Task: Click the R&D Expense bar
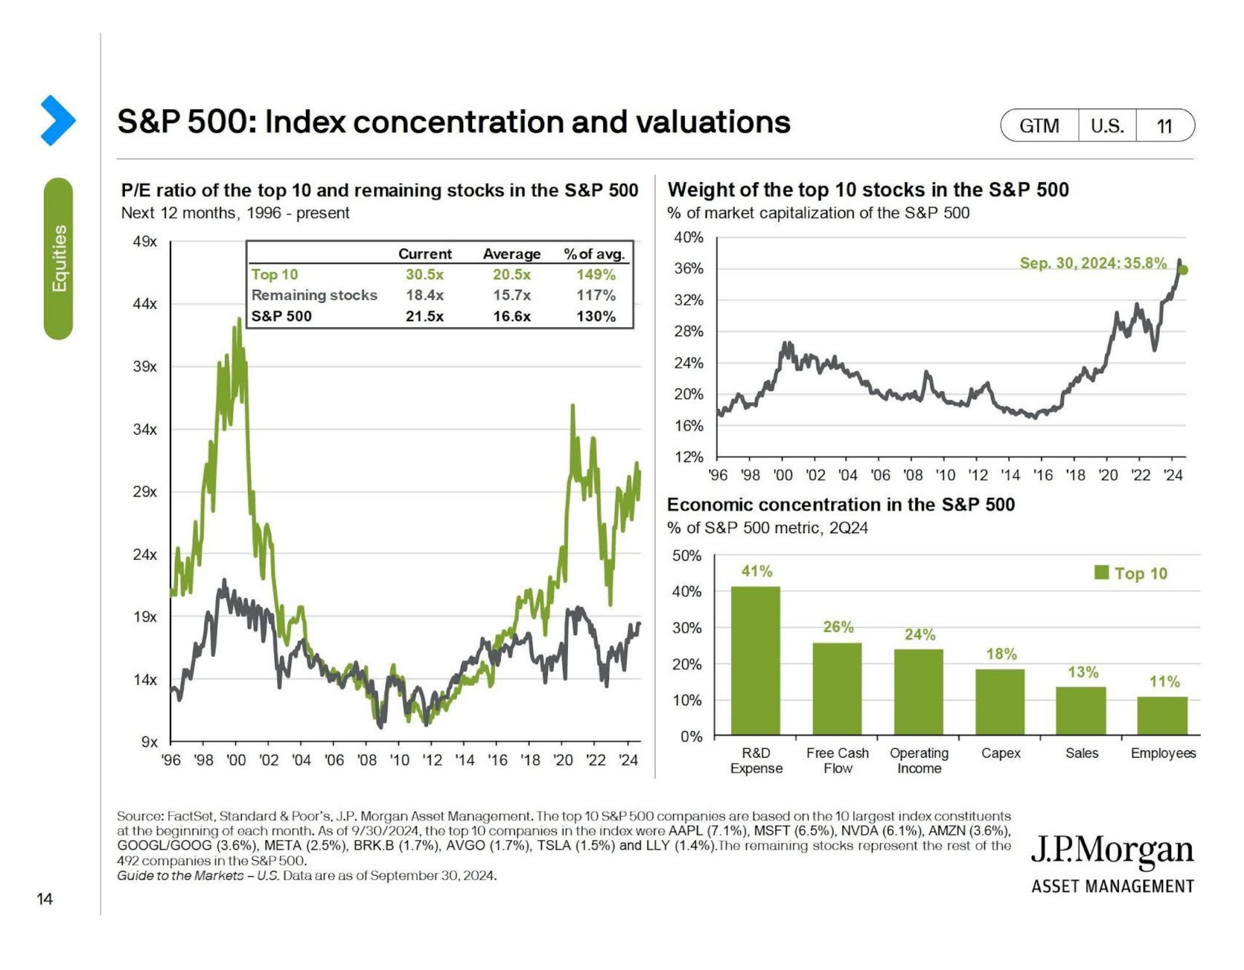[x=755, y=661]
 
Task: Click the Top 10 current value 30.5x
[x=425, y=275]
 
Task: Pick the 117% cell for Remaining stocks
[x=596, y=295]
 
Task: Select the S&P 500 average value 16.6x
[x=511, y=316]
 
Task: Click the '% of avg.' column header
[x=594, y=254]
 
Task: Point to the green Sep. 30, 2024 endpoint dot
[x=1183, y=270]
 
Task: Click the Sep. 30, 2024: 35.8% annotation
[x=1092, y=263]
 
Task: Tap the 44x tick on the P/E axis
[x=145, y=304]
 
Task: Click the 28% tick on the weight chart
[x=689, y=332]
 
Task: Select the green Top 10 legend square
[x=1101, y=572]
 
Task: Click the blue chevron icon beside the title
[x=57, y=120]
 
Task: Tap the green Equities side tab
[x=58, y=259]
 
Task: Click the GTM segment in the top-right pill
[x=1039, y=126]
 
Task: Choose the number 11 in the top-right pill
[x=1164, y=126]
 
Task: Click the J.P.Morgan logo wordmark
[x=1112, y=851]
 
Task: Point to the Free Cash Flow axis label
[x=837, y=761]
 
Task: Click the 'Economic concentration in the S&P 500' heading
[x=841, y=505]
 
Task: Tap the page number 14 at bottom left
[x=45, y=899]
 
